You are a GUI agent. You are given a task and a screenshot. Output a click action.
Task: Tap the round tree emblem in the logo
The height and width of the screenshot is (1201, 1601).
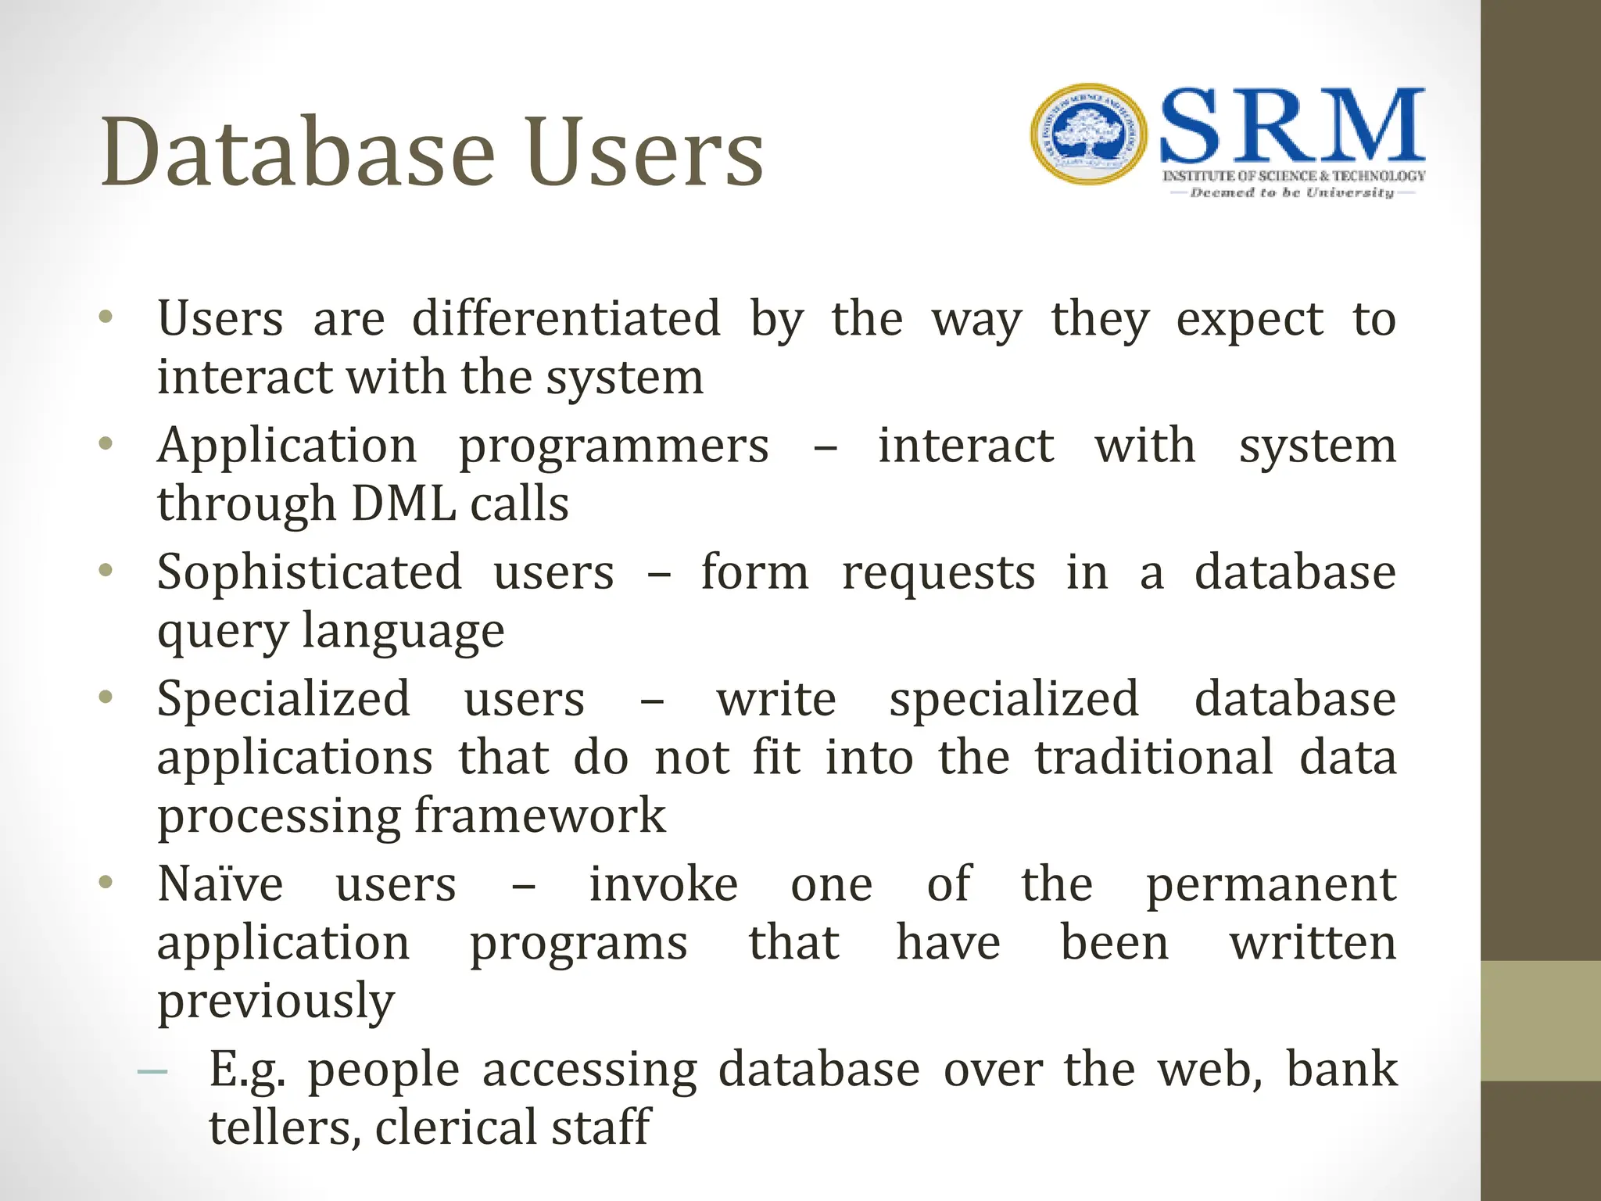pyautogui.click(x=1088, y=134)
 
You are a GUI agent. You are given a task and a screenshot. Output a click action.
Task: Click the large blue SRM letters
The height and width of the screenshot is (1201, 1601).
pyautogui.click(x=1292, y=127)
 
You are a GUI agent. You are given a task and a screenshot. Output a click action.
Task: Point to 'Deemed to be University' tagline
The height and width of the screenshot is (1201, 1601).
pyautogui.click(x=1291, y=192)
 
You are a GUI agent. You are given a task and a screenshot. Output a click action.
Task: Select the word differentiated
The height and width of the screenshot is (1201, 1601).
pyautogui.click(x=565, y=319)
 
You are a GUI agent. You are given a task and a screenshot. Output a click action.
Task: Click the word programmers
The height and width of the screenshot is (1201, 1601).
pyautogui.click(x=613, y=446)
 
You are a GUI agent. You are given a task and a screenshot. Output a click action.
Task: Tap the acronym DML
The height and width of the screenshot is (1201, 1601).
pyautogui.click(x=403, y=504)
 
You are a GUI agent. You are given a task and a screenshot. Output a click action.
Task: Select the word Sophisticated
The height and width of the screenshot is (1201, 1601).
pyautogui.click(x=310, y=572)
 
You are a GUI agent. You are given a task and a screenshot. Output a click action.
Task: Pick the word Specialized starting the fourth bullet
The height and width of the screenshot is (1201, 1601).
pyautogui.click(x=283, y=699)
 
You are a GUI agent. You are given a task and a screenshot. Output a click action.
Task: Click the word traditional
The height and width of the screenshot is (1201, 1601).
pyautogui.click(x=1154, y=758)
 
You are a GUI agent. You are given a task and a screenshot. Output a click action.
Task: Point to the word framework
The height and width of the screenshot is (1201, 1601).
pyautogui.click(x=539, y=816)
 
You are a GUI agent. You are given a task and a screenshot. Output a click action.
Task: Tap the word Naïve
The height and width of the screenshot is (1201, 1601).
pyautogui.click(x=220, y=885)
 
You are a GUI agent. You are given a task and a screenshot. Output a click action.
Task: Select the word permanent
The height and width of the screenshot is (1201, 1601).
pyautogui.click(x=1270, y=885)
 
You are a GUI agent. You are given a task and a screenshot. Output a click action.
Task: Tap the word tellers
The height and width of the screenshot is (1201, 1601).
pyautogui.click(x=285, y=1128)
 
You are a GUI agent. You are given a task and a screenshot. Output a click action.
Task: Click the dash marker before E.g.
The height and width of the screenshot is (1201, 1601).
pyautogui.click(x=152, y=1072)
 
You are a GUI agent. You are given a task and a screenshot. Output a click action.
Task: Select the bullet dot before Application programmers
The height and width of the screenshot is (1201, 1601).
pyautogui.click(x=106, y=444)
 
